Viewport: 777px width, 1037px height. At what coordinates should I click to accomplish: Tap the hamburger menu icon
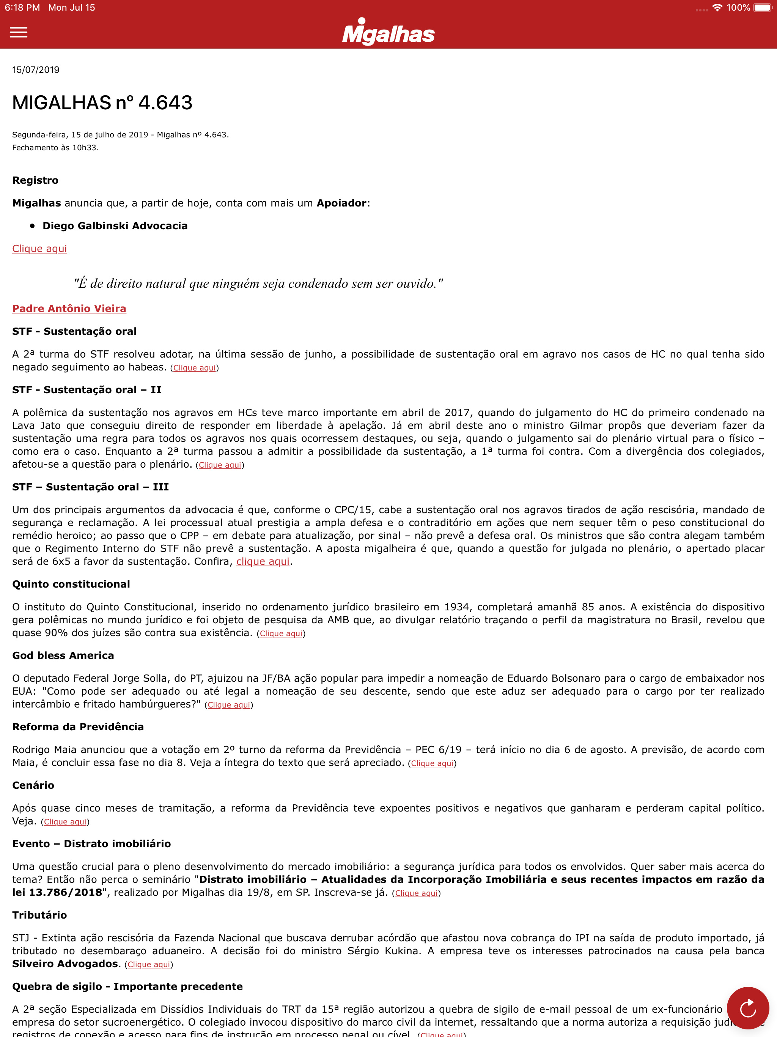click(19, 32)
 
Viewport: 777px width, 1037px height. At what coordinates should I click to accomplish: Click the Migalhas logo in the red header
click(388, 32)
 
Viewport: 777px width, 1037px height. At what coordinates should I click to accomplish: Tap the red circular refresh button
click(747, 1007)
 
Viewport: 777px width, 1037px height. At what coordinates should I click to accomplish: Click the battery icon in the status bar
click(763, 8)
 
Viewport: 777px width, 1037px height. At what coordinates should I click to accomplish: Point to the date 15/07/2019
click(36, 70)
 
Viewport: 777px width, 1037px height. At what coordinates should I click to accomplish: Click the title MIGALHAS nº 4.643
click(102, 102)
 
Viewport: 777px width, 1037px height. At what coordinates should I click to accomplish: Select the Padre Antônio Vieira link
click(69, 309)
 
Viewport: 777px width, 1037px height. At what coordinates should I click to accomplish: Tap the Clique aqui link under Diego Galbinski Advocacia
click(40, 249)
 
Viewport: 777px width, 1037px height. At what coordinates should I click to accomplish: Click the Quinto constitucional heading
click(71, 584)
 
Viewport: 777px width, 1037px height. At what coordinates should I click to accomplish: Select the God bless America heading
click(63, 656)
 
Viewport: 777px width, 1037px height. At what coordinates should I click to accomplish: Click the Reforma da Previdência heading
click(78, 727)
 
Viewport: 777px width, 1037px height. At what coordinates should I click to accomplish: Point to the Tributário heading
click(40, 915)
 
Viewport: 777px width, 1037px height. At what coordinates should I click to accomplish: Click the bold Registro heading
click(36, 181)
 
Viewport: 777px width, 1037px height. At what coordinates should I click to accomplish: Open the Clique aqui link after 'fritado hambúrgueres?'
click(229, 705)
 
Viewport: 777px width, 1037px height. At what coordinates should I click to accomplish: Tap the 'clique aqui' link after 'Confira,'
click(263, 562)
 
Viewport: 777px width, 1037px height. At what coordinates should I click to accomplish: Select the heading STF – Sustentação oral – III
click(90, 487)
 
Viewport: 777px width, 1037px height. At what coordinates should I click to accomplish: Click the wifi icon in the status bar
click(717, 8)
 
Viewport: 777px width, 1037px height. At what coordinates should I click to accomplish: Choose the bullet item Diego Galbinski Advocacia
click(115, 226)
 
